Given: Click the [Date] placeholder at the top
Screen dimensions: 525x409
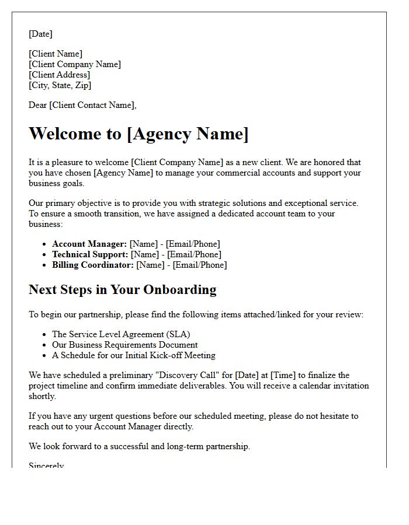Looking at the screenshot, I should pos(40,34).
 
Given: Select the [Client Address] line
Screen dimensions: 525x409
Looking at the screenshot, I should pos(59,75).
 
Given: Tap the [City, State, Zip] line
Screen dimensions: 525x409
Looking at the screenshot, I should pos(60,85).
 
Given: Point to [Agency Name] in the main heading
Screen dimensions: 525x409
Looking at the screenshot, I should pos(188,134).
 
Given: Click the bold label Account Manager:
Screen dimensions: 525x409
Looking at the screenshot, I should pos(89,244).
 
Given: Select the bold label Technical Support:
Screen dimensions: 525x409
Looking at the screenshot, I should pos(90,254).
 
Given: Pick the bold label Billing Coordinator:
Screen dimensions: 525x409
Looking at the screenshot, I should pos(93,265).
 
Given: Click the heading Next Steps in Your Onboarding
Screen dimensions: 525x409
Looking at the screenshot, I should pos(122,289).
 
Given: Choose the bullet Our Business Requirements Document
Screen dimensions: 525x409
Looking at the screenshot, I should pos(124,345).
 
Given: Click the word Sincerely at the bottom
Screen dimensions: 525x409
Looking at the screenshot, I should pos(46,466).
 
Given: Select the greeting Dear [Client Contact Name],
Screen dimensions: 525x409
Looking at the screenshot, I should pos(82,105).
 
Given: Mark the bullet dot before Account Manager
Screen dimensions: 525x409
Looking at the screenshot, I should pos(44,244).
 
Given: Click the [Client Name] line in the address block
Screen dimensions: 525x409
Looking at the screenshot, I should pos(56,54).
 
